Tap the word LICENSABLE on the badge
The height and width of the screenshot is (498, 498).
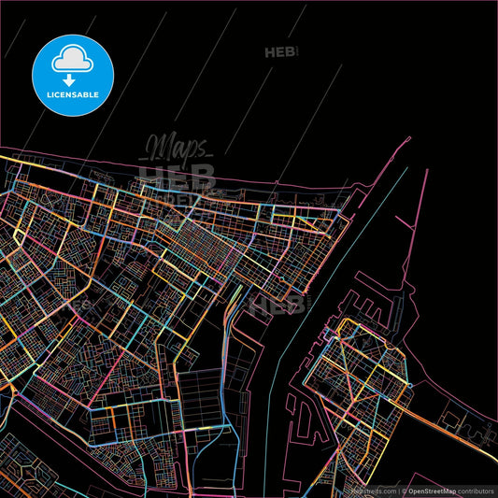(73, 94)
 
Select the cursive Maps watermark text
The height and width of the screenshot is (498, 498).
(176, 148)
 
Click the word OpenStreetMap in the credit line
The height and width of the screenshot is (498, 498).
(431, 491)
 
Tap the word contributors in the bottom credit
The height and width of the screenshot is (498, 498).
(475, 491)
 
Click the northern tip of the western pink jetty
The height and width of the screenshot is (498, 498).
(409, 139)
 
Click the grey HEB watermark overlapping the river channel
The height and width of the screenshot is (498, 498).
(277, 304)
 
